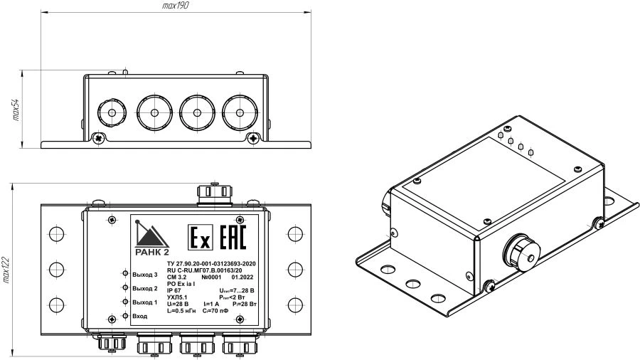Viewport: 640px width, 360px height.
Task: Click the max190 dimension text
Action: click(176, 5)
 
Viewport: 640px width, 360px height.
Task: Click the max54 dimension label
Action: click(14, 110)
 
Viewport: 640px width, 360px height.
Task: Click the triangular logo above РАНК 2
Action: click(149, 232)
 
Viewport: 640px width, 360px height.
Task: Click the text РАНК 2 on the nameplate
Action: click(151, 250)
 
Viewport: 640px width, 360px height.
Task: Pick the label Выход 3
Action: click(144, 274)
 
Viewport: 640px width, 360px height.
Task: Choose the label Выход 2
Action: click(144, 288)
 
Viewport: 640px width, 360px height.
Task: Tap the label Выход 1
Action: click(144, 302)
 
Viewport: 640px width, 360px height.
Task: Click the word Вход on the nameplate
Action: click(139, 315)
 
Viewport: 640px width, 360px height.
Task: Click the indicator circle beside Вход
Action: click(124, 315)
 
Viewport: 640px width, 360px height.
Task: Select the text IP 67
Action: click(174, 290)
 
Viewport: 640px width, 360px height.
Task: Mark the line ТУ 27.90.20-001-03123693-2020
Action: click(210, 265)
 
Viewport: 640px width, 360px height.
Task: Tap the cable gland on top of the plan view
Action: click(213, 191)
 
